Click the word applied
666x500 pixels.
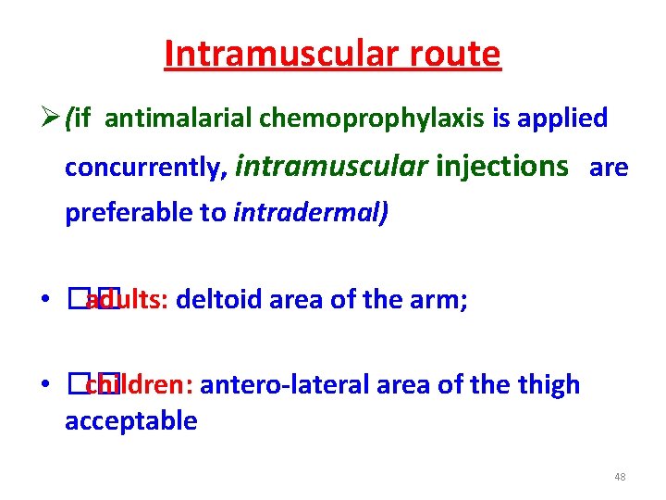(x=562, y=119)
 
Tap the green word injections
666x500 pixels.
(x=501, y=166)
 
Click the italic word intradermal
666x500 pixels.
(x=312, y=213)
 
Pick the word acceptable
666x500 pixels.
(x=130, y=421)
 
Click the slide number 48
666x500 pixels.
(x=620, y=477)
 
